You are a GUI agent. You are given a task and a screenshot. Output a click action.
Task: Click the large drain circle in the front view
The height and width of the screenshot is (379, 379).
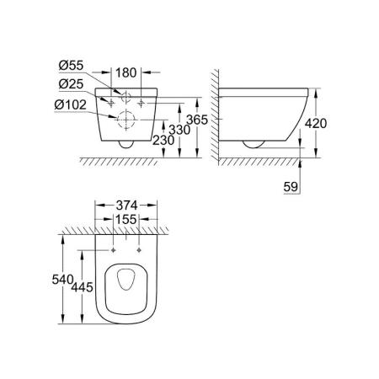point(125,120)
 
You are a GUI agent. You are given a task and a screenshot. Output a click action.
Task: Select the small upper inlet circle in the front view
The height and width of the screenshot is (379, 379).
point(125,95)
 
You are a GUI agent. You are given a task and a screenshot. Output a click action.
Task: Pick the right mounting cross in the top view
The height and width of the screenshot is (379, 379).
point(140,251)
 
